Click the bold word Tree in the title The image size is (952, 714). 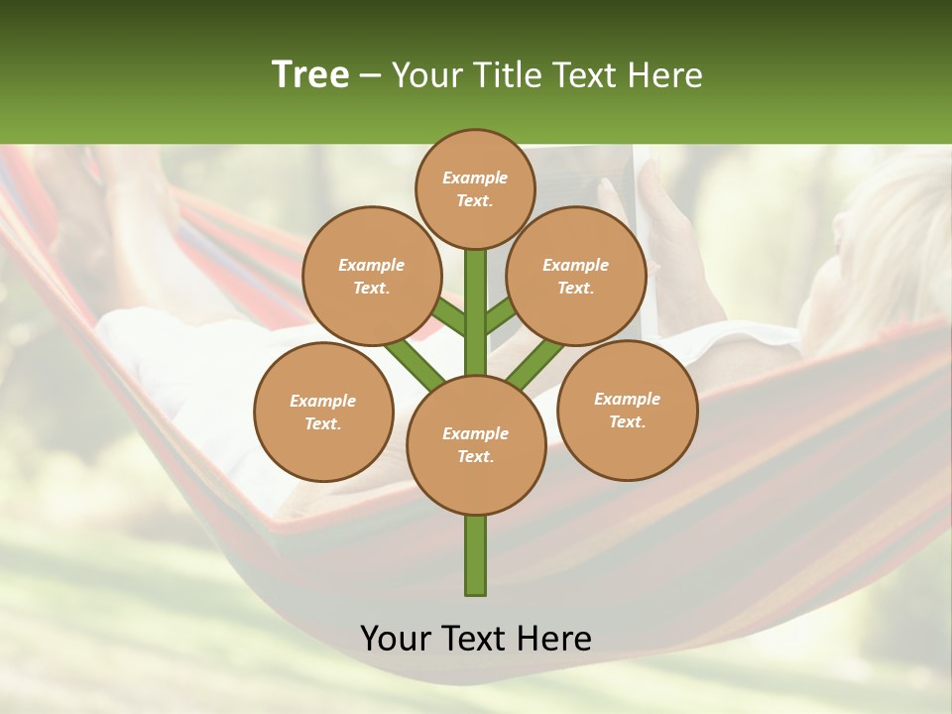310,74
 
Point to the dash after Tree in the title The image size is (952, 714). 369,75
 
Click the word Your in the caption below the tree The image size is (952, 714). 398,639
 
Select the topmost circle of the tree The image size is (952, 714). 475,188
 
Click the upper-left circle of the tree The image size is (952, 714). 371,276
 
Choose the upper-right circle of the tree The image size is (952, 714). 576,276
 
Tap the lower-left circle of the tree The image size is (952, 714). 323,412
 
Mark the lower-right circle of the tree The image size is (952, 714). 627,410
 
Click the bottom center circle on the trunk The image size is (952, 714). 476,445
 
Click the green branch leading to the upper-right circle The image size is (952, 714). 500,315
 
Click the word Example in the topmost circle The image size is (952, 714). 475,178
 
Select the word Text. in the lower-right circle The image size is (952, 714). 627,421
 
